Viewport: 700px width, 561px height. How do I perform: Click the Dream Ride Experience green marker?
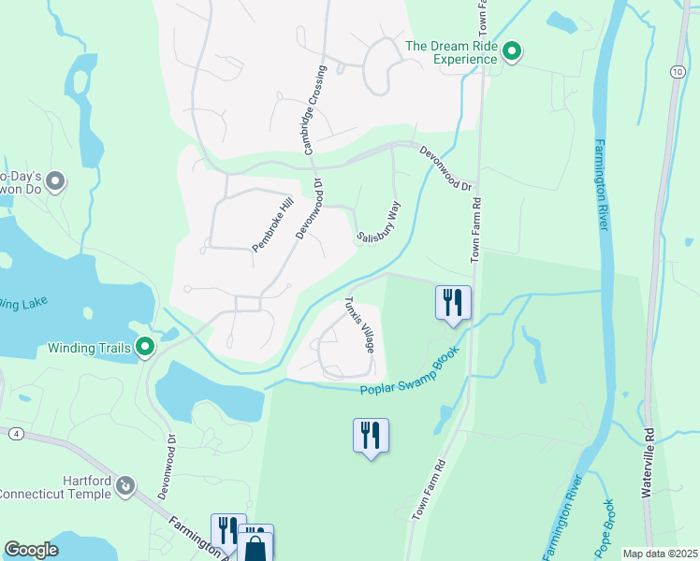512,51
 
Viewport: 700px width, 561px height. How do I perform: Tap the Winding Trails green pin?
145,348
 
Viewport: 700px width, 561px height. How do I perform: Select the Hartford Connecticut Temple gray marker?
126,486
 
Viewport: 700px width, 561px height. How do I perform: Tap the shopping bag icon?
256,546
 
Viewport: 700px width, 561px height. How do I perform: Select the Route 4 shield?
16,433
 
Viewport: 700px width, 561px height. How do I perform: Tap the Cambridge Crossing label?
314,109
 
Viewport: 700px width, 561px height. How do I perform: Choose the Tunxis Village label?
359,324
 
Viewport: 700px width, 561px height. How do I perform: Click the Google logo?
31,550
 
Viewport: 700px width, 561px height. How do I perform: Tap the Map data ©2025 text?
660,554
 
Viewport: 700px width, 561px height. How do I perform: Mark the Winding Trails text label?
89,349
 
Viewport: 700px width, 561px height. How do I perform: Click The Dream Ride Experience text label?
451,52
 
